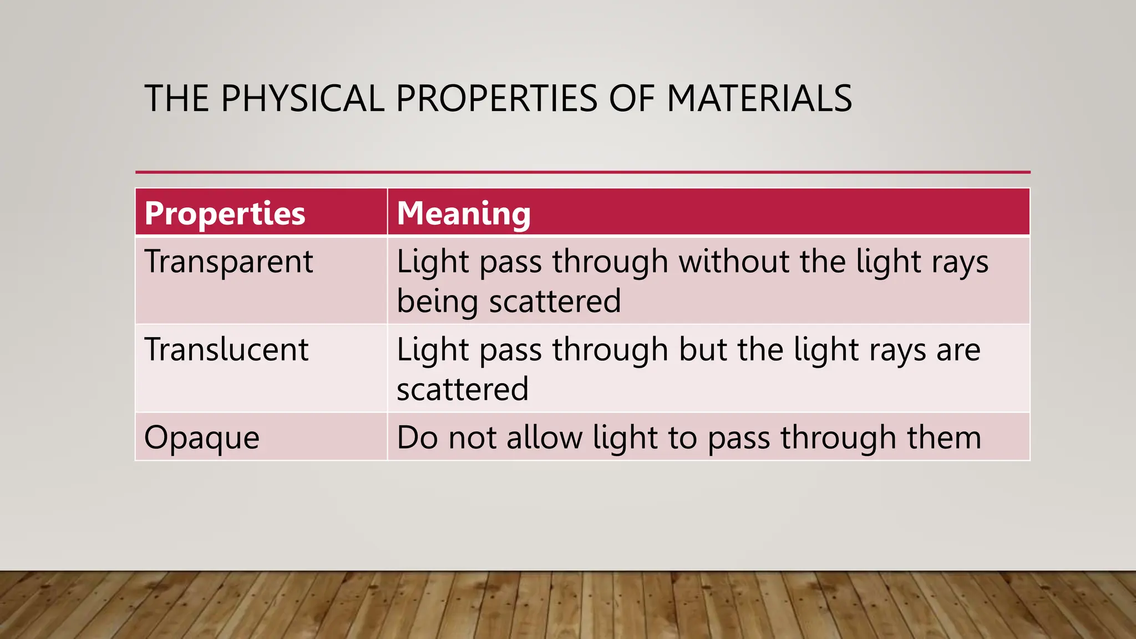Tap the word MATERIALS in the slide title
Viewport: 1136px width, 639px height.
click(x=759, y=99)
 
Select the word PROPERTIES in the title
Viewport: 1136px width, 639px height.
click(x=496, y=99)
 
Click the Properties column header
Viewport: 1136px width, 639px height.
click(x=225, y=214)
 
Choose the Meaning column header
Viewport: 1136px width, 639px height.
click(x=464, y=214)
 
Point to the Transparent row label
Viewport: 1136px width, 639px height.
click(x=229, y=262)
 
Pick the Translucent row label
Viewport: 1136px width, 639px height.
click(x=226, y=350)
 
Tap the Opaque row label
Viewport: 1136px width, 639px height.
click(x=202, y=438)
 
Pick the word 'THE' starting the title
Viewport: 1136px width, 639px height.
click(x=177, y=99)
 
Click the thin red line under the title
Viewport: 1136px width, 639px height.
click(x=582, y=173)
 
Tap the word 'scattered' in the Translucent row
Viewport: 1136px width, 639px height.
click(x=463, y=389)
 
